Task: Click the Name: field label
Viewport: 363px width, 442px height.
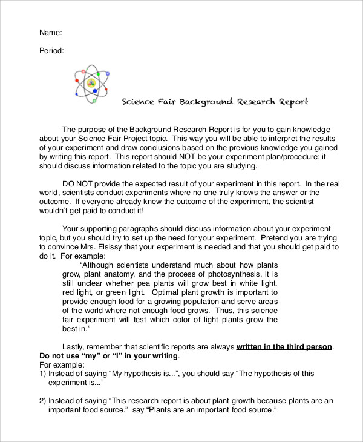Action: coord(51,32)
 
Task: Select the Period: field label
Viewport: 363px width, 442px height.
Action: coord(52,51)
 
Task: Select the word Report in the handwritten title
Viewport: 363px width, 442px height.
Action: coord(293,102)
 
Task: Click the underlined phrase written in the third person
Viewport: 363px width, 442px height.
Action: coord(284,346)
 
